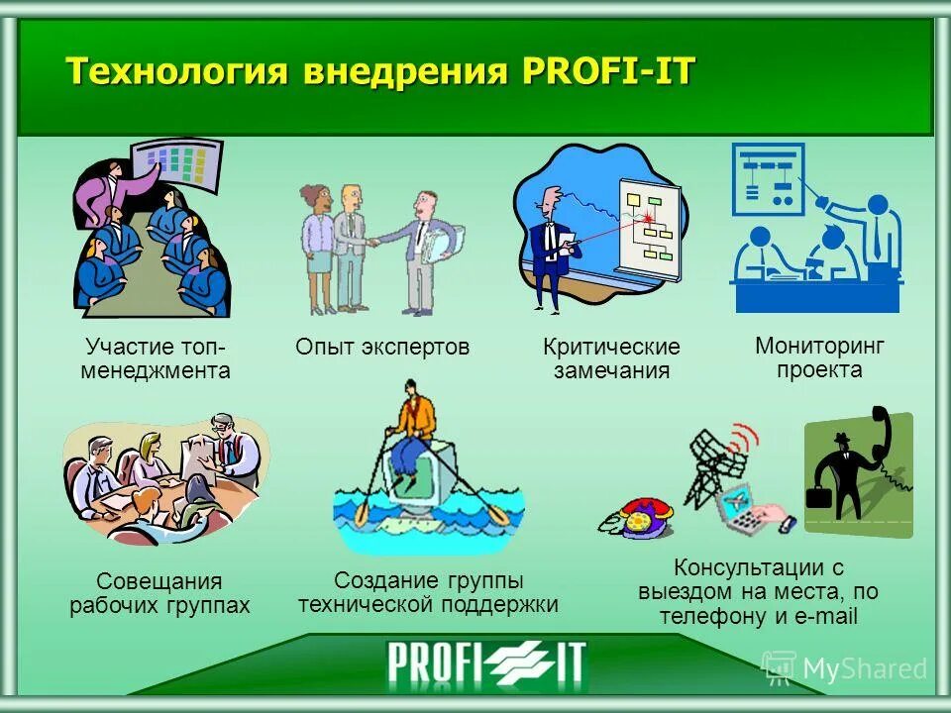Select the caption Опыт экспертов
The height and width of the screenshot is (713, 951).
(x=381, y=347)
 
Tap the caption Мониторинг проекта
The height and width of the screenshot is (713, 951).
(x=819, y=357)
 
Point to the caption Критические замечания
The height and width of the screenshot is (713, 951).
(x=611, y=358)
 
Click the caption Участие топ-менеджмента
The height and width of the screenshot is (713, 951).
(x=157, y=358)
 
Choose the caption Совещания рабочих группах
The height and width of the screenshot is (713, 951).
(x=159, y=593)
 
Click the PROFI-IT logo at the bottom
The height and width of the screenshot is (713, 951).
(x=485, y=663)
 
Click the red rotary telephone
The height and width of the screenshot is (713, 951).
(x=635, y=519)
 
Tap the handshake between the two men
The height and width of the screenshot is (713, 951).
(x=370, y=241)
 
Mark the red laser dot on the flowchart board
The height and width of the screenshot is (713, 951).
(x=649, y=217)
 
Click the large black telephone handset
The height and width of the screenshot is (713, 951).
(x=877, y=436)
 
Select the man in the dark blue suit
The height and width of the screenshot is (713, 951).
(x=547, y=248)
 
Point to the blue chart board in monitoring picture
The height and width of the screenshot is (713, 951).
(x=768, y=178)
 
